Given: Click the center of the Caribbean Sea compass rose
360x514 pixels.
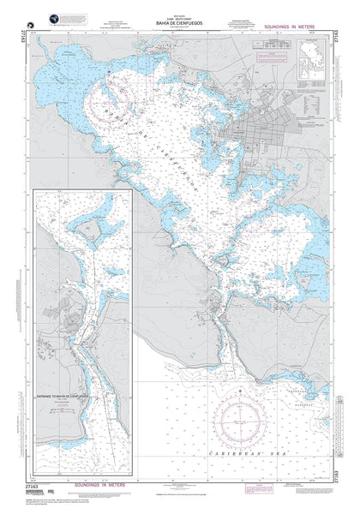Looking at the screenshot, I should [x=243, y=425].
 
